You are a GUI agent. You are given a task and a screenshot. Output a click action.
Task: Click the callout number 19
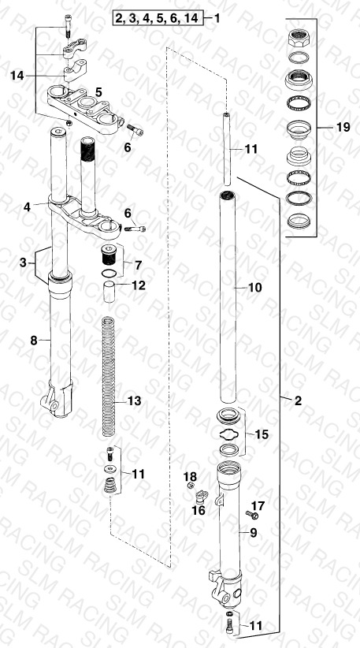point(343,127)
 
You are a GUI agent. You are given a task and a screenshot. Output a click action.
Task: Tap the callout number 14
point(17,76)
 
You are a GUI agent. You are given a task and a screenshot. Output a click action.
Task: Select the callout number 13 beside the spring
point(134,401)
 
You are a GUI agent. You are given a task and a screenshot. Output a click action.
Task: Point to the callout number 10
point(254,287)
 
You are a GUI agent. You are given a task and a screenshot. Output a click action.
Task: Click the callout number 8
point(34,341)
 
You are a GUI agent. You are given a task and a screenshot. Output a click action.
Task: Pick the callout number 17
point(258,505)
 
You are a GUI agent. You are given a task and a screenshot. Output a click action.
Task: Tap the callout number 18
point(190,477)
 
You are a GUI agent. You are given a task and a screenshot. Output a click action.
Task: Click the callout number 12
point(139,285)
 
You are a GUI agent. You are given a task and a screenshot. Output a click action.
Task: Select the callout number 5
point(98,92)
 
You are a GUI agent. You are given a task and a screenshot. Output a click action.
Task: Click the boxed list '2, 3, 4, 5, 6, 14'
point(158,19)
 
